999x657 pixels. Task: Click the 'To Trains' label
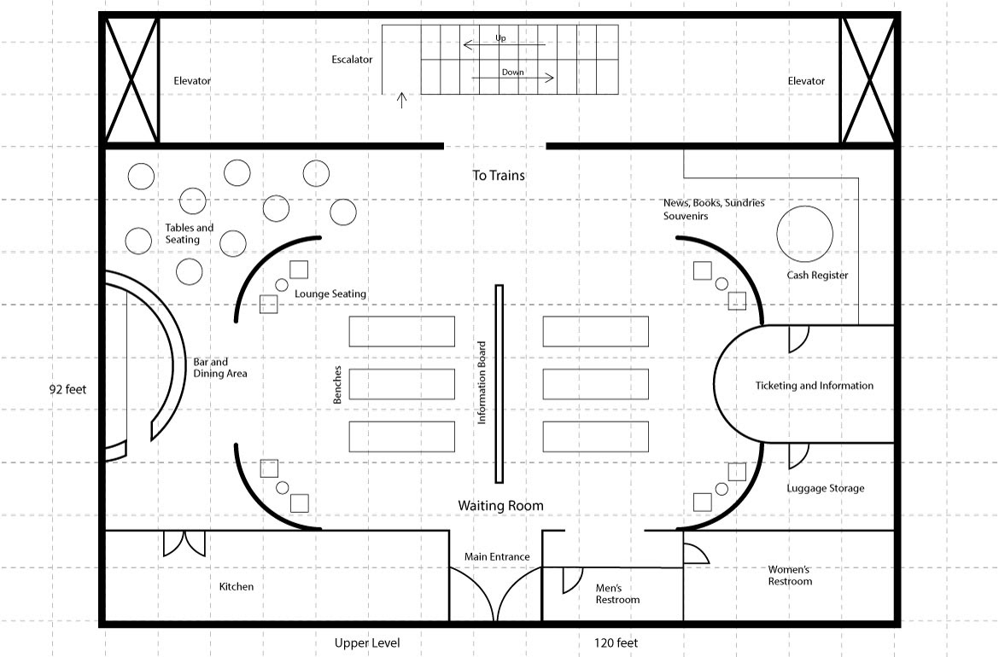[499, 175]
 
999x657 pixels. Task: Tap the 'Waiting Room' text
[500, 505]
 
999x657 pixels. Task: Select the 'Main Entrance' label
[497, 556]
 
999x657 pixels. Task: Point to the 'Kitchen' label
[237, 586]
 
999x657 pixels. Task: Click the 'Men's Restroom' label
[617, 594]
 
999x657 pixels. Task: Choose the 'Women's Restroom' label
[790, 575]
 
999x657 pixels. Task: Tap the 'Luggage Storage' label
[825, 488]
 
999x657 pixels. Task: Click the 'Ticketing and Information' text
[815, 385]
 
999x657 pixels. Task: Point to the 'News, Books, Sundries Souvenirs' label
[714, 209]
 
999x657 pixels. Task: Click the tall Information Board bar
[499, 384]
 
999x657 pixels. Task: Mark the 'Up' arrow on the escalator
[505, 44]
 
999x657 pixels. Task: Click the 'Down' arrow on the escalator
[513, 78]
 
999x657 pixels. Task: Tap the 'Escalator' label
[352, 59]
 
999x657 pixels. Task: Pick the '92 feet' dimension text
[67, 390]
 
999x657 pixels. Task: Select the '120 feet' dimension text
[616, 643]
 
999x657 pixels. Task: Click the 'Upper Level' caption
[367, 643]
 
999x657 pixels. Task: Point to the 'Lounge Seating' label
[330, 294]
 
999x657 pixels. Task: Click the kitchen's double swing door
[184, 543]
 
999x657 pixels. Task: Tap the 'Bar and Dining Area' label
[220, 368]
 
